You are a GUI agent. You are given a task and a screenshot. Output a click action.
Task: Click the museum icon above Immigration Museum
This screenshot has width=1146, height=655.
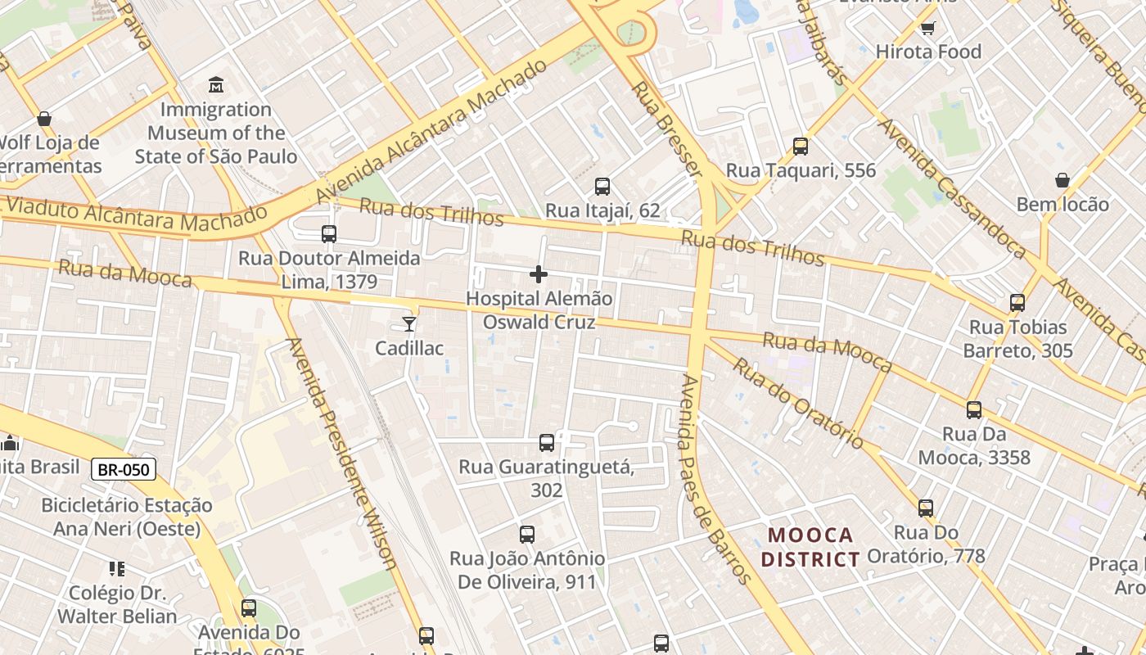216,84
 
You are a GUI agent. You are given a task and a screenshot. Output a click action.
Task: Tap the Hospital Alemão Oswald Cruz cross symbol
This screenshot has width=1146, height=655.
539,274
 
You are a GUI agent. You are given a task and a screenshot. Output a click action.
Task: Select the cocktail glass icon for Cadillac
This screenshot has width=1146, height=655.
409,324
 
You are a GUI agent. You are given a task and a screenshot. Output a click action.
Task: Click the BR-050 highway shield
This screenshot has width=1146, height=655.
123,469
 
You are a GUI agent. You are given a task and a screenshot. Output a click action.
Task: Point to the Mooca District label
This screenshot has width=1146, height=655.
810,547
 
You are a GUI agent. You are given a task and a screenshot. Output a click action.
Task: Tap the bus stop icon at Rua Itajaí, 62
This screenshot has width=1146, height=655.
602,187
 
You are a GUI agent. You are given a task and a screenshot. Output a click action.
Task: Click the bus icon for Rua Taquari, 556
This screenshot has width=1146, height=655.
801,147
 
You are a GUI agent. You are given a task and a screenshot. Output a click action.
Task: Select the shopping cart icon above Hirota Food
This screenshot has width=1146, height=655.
927,29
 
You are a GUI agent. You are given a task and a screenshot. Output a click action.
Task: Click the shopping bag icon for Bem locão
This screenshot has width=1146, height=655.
1063,180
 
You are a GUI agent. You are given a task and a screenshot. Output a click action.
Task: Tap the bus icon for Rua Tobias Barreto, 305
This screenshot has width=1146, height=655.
1017,303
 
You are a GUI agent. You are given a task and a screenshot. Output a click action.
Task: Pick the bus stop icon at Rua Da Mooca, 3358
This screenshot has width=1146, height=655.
974,410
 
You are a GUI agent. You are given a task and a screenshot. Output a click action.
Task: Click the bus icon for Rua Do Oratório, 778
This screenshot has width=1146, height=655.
926,508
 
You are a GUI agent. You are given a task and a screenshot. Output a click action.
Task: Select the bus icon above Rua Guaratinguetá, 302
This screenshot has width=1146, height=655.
547,443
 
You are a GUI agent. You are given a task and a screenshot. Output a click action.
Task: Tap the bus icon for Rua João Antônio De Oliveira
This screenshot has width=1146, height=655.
527,535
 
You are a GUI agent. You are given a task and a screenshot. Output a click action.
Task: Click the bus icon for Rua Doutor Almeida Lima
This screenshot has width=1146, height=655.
329,234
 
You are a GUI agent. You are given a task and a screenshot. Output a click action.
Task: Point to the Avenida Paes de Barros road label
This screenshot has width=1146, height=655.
715,479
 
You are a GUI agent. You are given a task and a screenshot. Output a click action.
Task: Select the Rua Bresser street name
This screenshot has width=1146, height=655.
666,128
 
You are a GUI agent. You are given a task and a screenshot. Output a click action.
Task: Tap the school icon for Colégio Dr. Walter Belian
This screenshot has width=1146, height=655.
116,568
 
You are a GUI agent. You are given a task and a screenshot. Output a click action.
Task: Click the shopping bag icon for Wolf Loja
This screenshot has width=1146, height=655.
44,119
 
